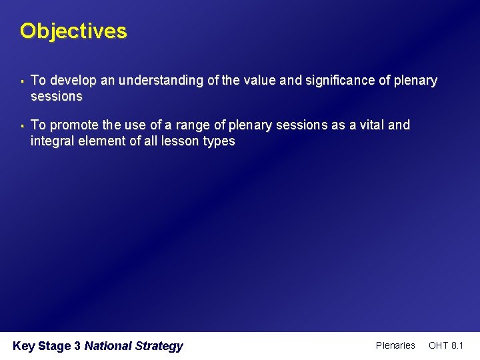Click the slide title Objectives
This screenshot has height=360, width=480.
point(73,31)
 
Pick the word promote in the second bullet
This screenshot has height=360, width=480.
point(70,125)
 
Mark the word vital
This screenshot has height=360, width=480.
point(368,125)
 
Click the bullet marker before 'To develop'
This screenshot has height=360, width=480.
point(23,81)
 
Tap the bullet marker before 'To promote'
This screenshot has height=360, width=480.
point(23,125)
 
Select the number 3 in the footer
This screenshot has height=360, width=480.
point(77,346)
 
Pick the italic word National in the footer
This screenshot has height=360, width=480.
point(108,346)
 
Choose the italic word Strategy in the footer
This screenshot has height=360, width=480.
point(159,346)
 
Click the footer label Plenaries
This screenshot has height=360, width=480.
point(395,345)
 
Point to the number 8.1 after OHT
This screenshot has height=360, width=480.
point(457,345)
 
